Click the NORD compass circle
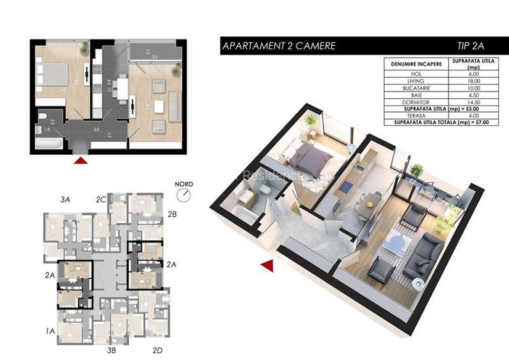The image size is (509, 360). (185, 193)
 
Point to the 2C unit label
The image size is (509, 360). (100, 200)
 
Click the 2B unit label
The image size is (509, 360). (171, 214)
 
